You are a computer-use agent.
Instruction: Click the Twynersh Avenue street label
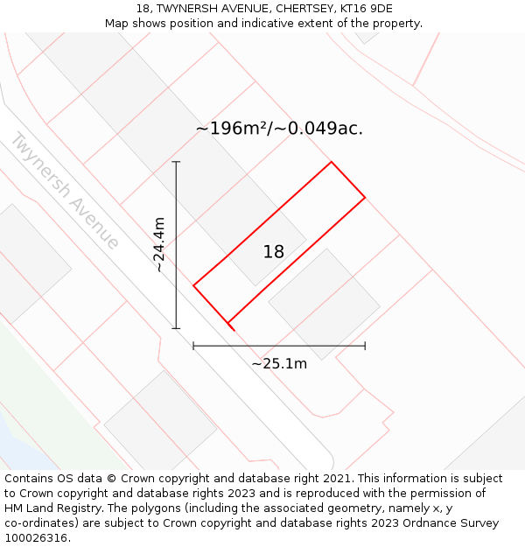65,191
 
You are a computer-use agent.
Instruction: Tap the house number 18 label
274,252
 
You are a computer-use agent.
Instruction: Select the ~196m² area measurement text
279,129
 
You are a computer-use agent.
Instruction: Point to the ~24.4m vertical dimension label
159,246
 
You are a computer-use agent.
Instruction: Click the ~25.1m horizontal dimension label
279,364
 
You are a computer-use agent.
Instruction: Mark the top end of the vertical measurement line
176,162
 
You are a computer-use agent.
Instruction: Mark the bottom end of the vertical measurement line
176,329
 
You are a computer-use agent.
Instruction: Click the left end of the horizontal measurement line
193,347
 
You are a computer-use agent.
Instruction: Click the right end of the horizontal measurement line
365,347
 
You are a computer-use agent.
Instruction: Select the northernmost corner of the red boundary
331,162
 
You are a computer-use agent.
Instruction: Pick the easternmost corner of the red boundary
365,197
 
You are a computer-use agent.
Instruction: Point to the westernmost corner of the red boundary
193,285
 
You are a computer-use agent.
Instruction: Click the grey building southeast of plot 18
325,304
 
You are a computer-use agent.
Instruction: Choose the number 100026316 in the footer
35,538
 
